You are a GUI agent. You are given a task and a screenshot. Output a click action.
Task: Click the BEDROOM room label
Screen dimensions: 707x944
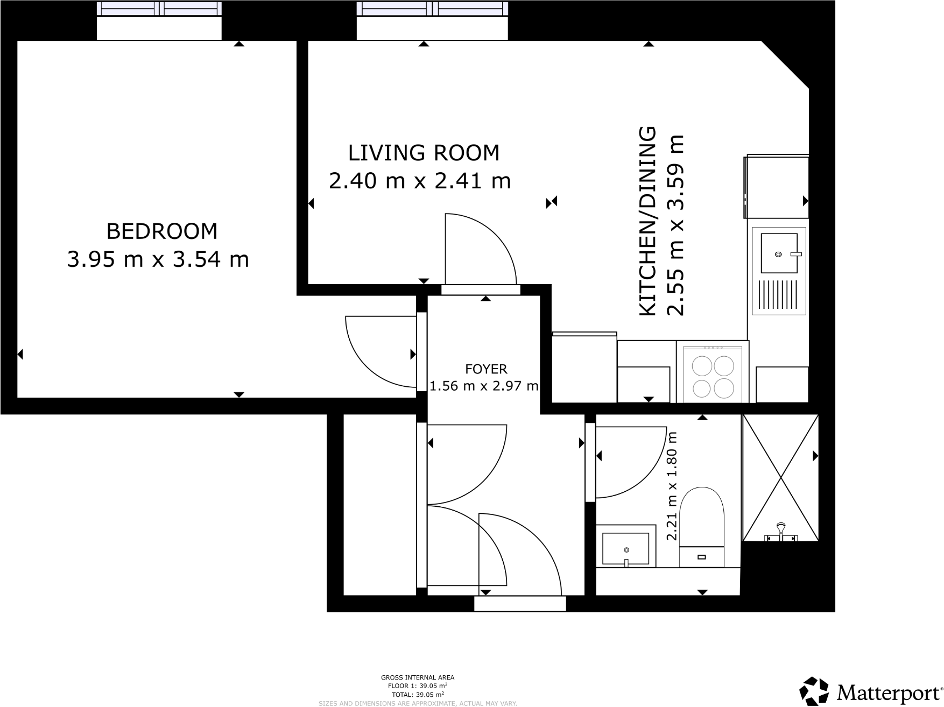click(x=162, y=231)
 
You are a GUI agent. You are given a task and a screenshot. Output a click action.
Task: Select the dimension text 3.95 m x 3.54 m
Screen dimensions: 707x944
click(x=158, y=260)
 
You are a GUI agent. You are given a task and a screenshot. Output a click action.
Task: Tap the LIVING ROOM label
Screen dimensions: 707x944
click(x=424, y=153)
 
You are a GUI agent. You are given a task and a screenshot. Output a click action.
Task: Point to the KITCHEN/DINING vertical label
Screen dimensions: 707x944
click(x=647, y=221)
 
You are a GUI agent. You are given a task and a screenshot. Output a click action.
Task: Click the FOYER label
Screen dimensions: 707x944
click(x=485, y=369)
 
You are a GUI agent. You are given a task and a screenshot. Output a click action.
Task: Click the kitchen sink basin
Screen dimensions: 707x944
click(x=778, y=253)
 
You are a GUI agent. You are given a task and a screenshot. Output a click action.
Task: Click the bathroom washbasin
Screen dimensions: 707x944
click(x=625, y=548)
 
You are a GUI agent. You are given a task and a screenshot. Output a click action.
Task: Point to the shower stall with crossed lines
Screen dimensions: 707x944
click(x=780, y=477)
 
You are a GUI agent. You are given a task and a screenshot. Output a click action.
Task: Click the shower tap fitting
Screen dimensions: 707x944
click(x=780, y=533)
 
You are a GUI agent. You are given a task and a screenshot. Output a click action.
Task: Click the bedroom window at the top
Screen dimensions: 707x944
click(x=159, y=9)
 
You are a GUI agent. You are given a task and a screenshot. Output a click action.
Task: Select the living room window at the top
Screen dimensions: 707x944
click(x=432, y=9)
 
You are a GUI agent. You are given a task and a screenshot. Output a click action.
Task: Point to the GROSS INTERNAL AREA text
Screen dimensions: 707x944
click(x=418, y=677)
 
